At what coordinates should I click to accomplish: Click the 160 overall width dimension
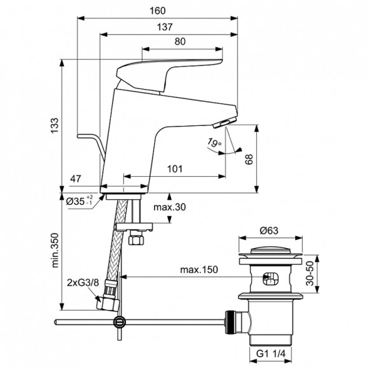pos(159,10)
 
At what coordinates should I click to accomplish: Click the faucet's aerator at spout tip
pos(226,122)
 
